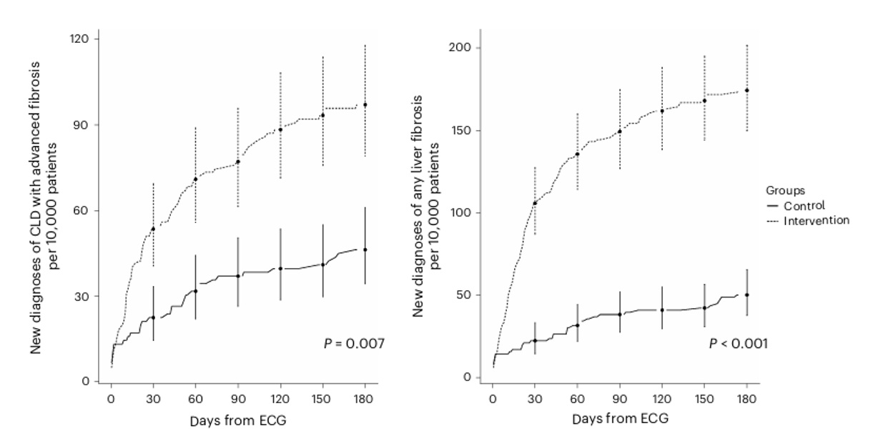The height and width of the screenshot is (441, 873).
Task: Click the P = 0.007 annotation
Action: click(x=354, y=344)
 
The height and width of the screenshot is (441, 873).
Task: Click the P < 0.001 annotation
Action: click(x=738, y=344)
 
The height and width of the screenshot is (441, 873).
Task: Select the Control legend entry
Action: click(x=796, y=206)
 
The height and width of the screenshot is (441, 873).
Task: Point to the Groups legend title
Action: click(x=785, y=191)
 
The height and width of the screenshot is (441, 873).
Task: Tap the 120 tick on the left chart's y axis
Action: click(x=79, y=39)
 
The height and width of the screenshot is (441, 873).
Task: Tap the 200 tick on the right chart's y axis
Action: click(x=460, y=47)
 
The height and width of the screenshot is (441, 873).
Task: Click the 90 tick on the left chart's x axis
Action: click(x=238, y=400)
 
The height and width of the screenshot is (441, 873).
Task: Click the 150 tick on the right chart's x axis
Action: click(x=704, y=400)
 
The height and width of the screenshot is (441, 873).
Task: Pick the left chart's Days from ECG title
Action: click(x=238, y=421)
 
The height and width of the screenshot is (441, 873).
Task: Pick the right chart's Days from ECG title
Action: click(x=620, y=419)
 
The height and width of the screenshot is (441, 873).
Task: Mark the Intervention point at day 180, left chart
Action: click(x=365, y=105)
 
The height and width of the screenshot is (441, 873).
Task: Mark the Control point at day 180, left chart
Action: click(x=365, y=249)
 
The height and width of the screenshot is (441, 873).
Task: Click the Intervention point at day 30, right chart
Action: click(x=535, y=203)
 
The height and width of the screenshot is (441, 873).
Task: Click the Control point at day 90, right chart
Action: click(x=620, y=314)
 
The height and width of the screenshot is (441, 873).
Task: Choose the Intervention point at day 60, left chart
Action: click(x=196, y=179)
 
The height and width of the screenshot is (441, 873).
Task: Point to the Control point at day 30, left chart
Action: click(x=153, y=317)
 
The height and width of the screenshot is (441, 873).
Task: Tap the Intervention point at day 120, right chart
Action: click(x=662, y=111)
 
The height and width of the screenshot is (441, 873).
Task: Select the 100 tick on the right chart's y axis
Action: click(x=460, y=213)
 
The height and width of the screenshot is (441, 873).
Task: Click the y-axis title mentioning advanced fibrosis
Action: click(x=44, y=207)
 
